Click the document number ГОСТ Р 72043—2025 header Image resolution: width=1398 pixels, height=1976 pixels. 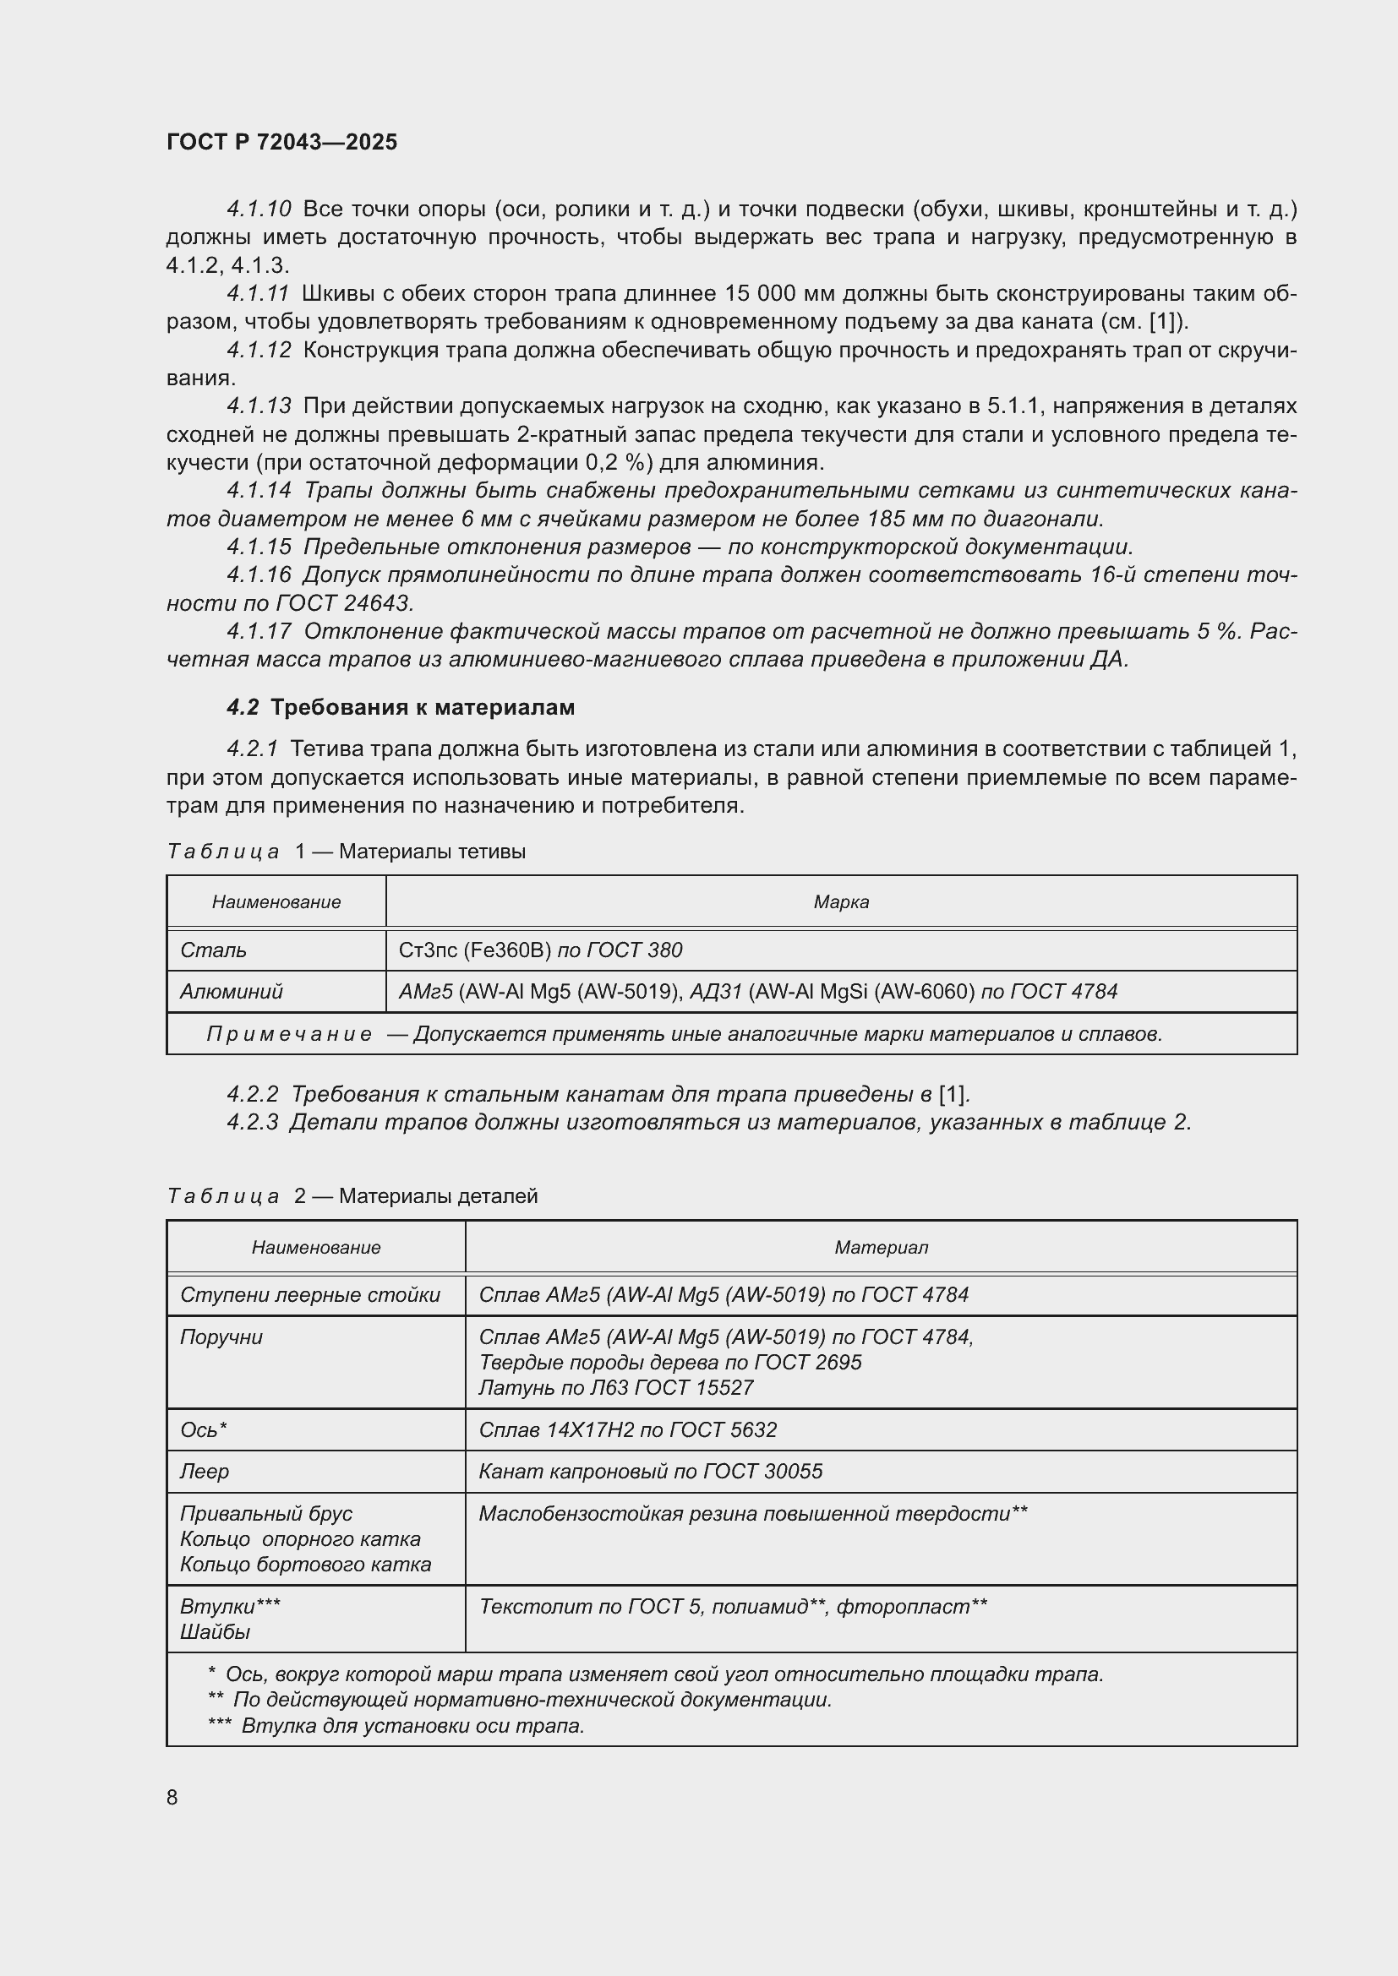point(281,142)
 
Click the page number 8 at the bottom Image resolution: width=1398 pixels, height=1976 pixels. point(172,1797)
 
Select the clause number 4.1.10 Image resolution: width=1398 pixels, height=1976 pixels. point(259,210)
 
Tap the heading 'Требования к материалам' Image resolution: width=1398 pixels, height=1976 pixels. point(422,707)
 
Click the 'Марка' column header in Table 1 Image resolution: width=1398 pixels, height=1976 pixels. point(841,902)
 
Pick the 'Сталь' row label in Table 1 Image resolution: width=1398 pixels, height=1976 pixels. point(214,950)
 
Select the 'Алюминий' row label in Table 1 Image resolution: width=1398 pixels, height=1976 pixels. point(232,992)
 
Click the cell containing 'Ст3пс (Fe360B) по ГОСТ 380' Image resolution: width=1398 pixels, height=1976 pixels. point(541,950)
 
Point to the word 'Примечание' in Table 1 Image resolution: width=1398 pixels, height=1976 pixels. point(289,1033)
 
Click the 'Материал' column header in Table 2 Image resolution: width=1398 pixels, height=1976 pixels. point(881,1247)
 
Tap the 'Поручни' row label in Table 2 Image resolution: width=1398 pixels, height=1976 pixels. point(221,1336)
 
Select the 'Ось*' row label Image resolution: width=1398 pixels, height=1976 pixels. point(203,1429)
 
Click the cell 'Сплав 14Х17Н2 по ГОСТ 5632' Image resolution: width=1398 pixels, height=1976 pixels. point(627,1429)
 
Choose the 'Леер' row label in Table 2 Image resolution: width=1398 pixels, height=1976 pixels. point(204,1471)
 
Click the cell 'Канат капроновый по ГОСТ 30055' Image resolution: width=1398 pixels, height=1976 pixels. point(650,1471)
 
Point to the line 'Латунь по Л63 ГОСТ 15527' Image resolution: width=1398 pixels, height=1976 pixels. point(615,1387)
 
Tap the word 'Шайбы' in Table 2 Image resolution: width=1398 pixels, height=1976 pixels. point(216,1632)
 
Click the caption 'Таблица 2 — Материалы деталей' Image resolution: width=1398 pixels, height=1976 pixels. point(352,1195)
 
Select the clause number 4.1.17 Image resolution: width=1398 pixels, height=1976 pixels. point(259,632)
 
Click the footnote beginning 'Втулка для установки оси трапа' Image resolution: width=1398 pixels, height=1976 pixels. point(412,1726)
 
